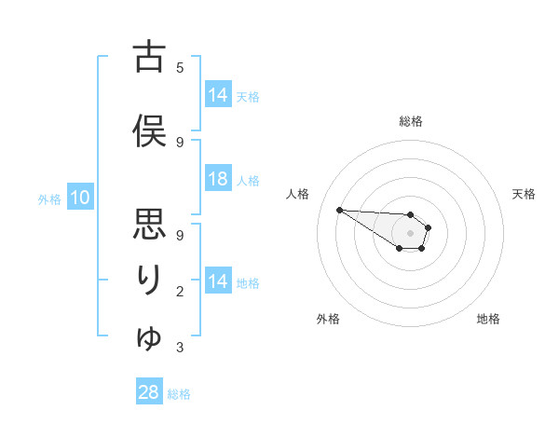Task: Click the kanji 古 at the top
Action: tap(149, 58)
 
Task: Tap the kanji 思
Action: tap(149, 225)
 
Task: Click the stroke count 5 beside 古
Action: tap(180, 67)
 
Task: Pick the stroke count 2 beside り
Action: tap(180, 292)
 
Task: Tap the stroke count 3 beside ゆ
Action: tap(180, 348)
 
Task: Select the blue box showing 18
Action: tap(218, 180)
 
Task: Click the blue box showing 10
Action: tap(79, 198)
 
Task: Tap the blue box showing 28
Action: tap(149, 392)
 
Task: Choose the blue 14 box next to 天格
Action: tap(218, 95)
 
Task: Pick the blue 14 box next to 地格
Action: tap(218, 281)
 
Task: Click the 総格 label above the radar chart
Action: tap(411, 121)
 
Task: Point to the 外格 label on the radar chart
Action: tap(328, 319)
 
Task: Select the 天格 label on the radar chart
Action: tap(524, 194)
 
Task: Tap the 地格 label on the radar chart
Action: tap(488, 319)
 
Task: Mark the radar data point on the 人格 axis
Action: tap(339, 209)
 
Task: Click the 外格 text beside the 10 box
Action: tap(48, 198)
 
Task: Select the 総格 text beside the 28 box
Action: tap(179, 394)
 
